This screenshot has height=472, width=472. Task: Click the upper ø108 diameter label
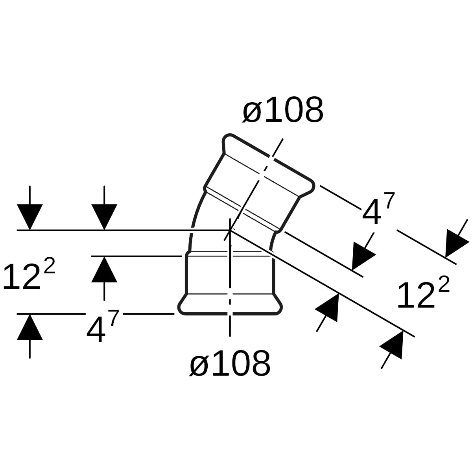283,109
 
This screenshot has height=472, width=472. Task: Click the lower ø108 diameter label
230,363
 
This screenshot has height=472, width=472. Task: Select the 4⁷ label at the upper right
378,208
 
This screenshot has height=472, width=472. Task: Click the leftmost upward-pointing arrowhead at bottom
30,327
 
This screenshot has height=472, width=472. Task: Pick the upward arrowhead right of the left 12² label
104,269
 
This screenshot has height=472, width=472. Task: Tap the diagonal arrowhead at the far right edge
455,242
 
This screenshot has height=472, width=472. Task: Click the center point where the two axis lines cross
230,230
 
